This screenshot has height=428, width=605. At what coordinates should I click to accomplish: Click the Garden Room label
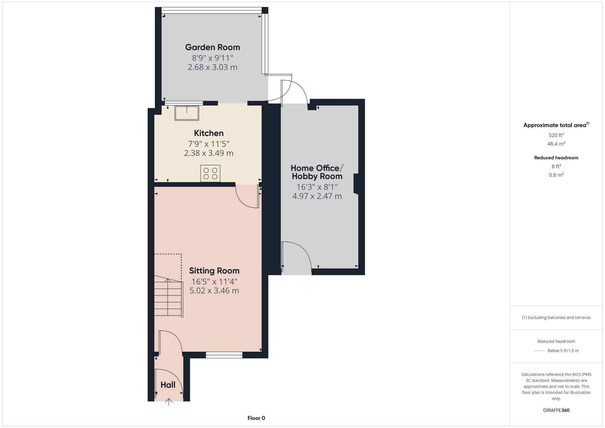click(x=212, y=47)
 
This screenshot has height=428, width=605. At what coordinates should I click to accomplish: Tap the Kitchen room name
click(x=209, y=133)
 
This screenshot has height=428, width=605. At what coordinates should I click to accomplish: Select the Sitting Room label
click(x=214, y=271)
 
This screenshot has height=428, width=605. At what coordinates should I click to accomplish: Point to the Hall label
click(x=168, y=385)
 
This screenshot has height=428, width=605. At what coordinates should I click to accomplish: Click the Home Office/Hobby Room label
click(x=317, y=172)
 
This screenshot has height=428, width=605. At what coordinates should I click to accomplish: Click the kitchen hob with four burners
click(x=210, y=173)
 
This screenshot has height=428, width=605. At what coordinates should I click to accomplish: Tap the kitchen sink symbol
click(x=187, y=113)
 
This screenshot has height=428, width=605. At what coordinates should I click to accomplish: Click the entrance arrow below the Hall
click(x=169, y=402)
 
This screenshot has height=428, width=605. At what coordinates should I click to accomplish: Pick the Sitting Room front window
click(x=224, y=355)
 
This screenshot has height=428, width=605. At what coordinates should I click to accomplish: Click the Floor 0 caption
click(x=256, y=418)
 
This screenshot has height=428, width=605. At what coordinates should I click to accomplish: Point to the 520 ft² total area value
click(x=556, y=135)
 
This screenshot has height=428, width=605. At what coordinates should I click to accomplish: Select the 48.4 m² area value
click(x=556, y=143)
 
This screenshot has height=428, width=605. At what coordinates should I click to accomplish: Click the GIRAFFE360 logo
click(x=556, y=410)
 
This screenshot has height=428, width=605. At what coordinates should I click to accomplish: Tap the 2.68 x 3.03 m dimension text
click(x=212, y=67)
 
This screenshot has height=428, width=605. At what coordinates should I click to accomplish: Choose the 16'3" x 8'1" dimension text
click(x=317, y=187)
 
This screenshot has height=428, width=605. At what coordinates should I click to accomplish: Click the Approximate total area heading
click(x=556, y=125)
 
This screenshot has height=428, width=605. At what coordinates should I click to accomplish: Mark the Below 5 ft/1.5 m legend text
click(x=563, y=351)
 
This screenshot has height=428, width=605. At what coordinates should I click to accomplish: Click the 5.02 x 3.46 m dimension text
click(x=214, y=291)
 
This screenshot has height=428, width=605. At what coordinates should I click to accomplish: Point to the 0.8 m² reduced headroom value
click(x=556, y=175)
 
